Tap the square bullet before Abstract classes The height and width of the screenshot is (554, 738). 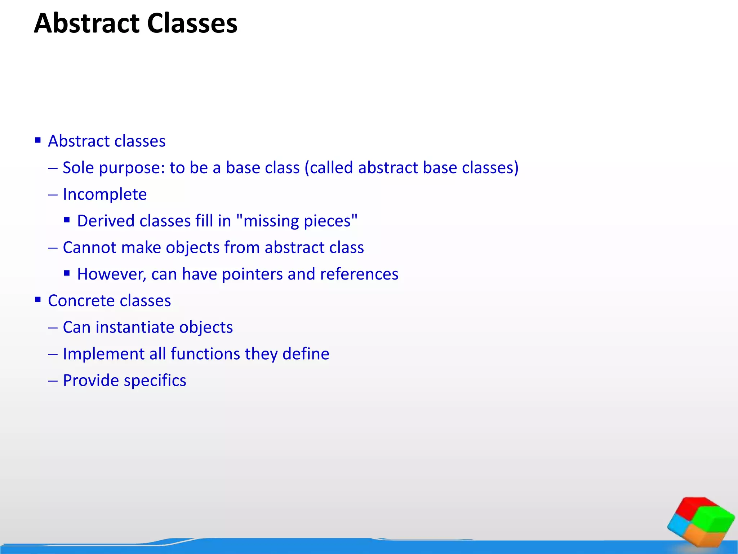pyautogui.click(x=38, y=140)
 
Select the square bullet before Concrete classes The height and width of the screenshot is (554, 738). pyautogui.click(x=38, y=299)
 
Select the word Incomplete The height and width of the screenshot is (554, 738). pyautogui.click(x=105, y=195)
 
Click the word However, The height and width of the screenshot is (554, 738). pyautogui.click(x=111, y=274)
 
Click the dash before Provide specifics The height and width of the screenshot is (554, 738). pyautogui.click(x=53, y=381)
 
